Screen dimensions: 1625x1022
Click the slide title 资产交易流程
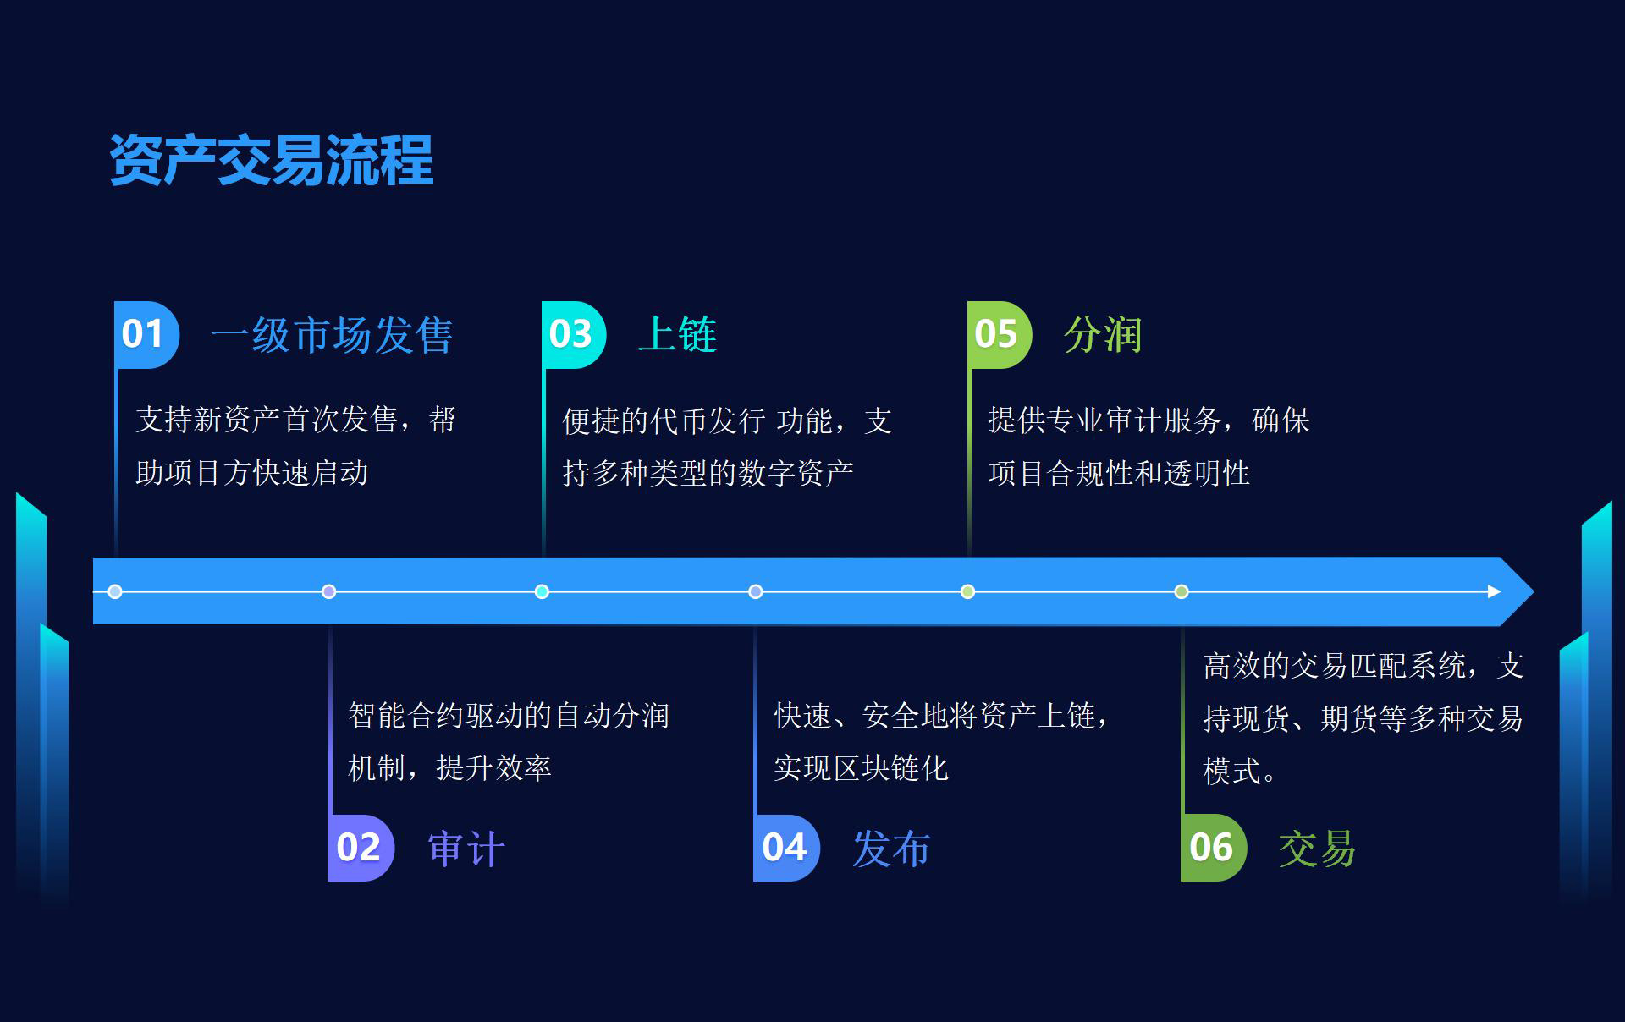click(272, 160)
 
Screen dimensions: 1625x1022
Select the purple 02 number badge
click(361, 848)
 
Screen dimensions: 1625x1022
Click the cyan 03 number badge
click(574, 334)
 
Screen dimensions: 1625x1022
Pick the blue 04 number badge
click(786, 848)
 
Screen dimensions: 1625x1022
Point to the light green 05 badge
click(1000, 334)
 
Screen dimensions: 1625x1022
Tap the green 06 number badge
click(1214, 848)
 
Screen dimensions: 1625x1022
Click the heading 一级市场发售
click(332, 335)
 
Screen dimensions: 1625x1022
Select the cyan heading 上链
click(677, 335)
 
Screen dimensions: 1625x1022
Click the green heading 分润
click(1103, 335)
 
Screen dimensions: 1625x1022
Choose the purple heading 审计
click(466, 849)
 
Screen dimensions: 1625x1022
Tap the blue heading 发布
click(891, 849)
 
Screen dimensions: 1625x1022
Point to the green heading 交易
click(1317, 849)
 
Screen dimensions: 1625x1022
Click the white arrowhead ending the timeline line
click(1495, 591)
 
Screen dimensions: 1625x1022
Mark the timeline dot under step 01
click(115, 591)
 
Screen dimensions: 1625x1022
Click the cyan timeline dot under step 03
click(542, 591)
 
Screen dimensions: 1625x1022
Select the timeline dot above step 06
click(1182, 591)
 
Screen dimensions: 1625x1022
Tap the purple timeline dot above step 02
click(329, 591)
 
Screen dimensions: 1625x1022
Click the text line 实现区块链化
click(861, 768)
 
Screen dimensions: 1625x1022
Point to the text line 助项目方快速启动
click(252, 473)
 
